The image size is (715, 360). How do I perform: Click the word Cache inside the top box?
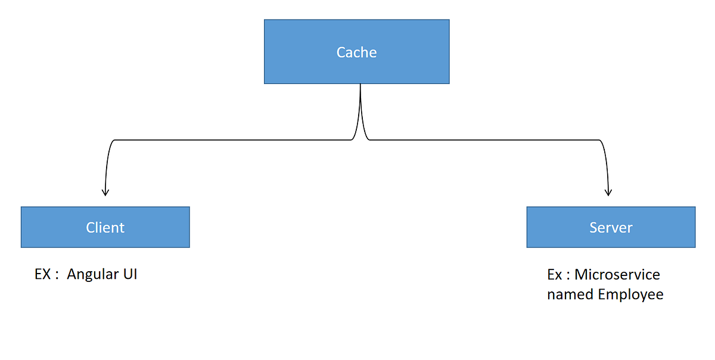coord(356,52)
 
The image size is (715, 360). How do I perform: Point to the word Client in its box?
coord(105,227)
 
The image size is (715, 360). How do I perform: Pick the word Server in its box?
coord(611,227)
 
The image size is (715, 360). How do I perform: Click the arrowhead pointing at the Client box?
coord(105,192)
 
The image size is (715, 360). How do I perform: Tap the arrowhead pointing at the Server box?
coord(608,192)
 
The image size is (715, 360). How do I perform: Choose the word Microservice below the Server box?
coord(617,275)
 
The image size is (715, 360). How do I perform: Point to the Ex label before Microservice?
coord(555,275)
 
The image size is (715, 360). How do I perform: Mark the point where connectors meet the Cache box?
coord(360,85)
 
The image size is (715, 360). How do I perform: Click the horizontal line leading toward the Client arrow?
coord(232,140)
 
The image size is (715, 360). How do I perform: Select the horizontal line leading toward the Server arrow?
coord(483,140)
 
